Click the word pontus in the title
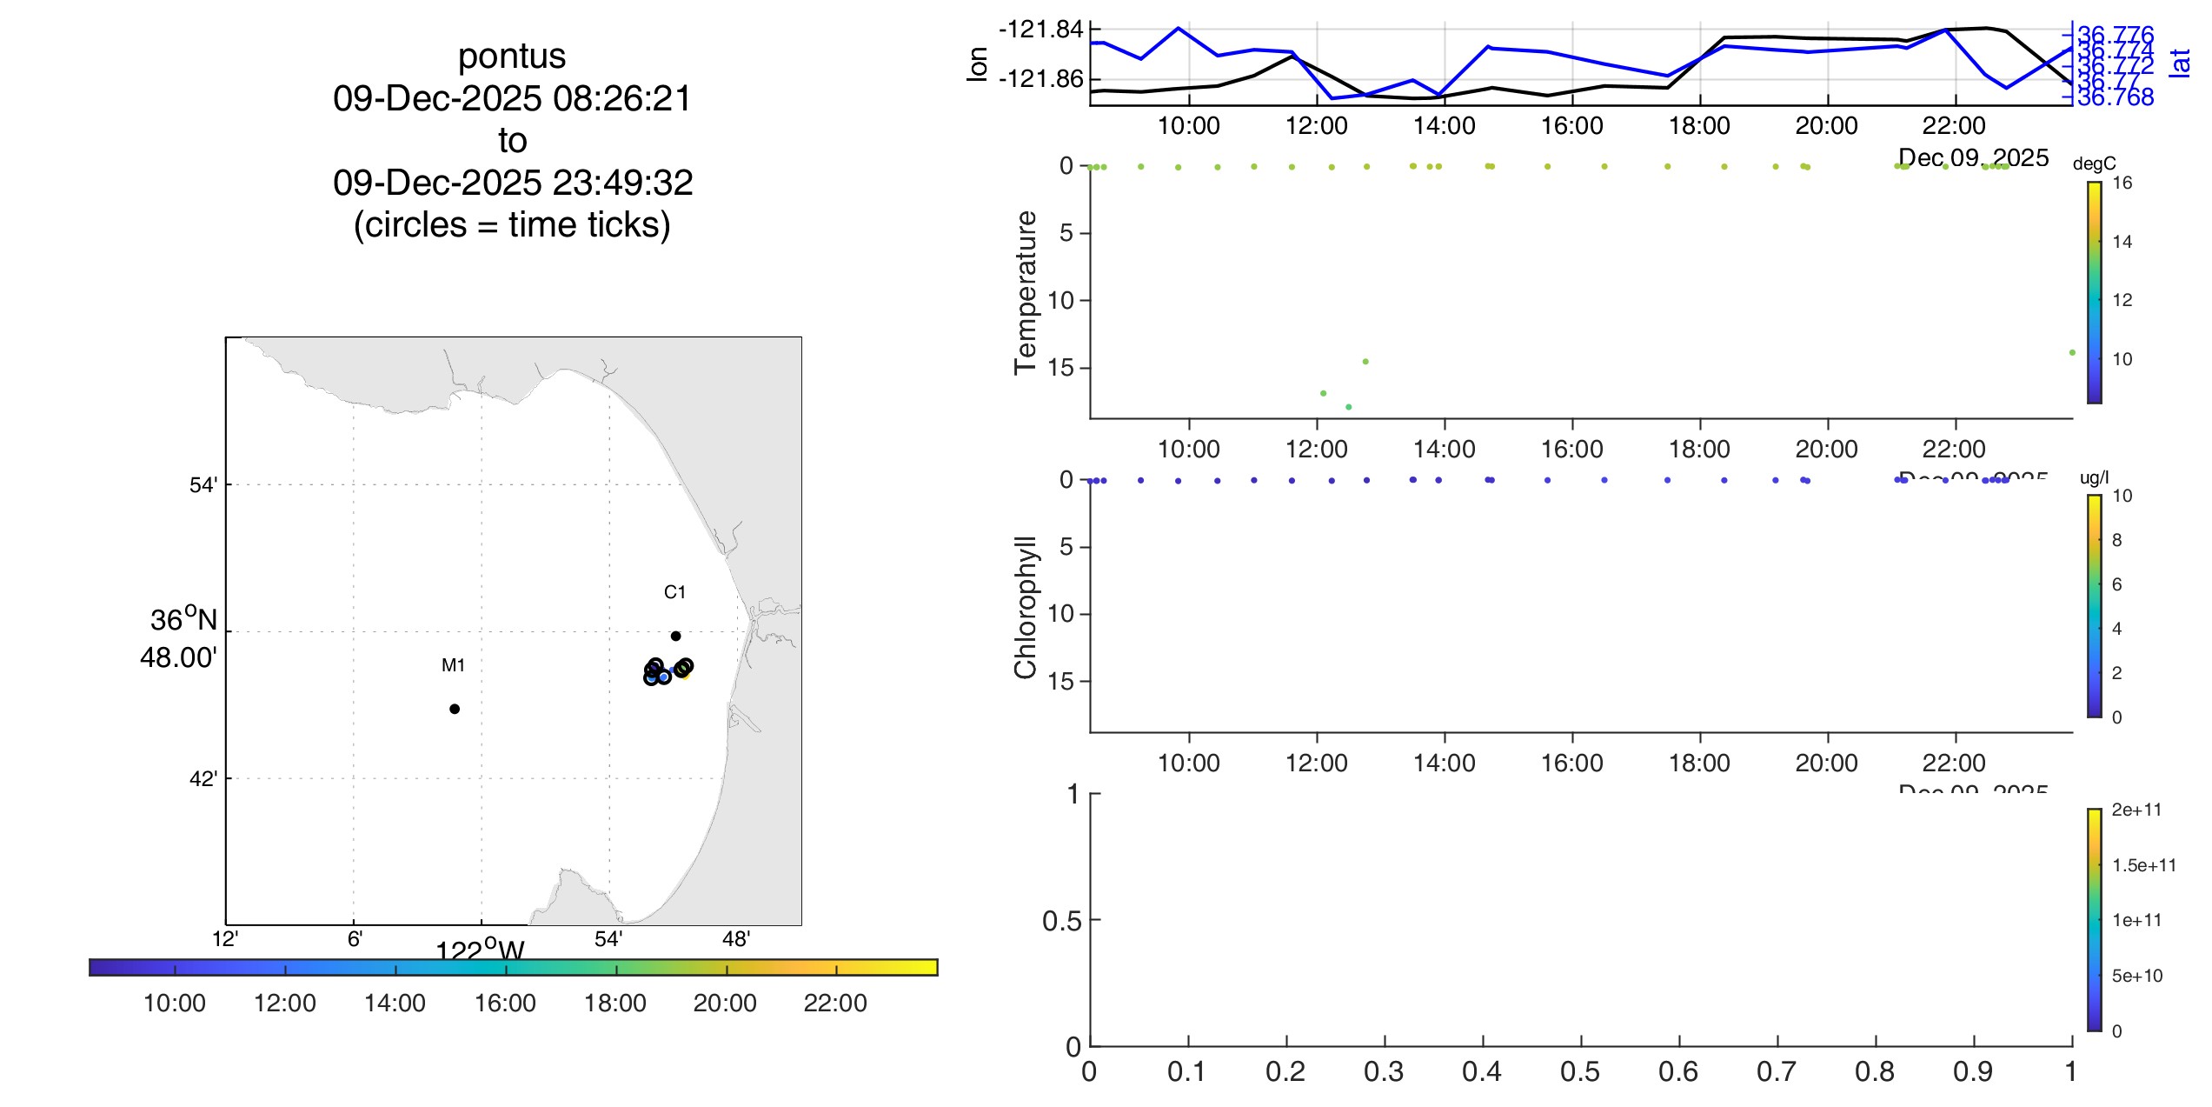[x=512, y=57]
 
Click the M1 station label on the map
[x=453, y=665]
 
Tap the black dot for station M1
[x=455, y=709]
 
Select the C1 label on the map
[x=674, y=592]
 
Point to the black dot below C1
[x=675, y=636]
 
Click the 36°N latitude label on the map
[x=183, y=620]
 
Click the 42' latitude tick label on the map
[x=203, y=778]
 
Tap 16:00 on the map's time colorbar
[x=505, y=1003]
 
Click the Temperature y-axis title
[x=1026, y=292]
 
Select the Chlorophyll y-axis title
[x=1026, y=607]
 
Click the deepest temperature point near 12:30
[x=1348, y=407]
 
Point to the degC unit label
[x=2094, y=163]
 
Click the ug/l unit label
[x=2094, y=477]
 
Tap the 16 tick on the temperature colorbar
[x=2122, y=183]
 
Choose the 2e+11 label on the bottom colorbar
[x=2136, y=810]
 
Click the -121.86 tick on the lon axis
[x=1041, y=79]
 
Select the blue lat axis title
[x=2180, y=63]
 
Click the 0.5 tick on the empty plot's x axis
[x=1580, y=1071]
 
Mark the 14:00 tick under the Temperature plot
[x=1444, y=449]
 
